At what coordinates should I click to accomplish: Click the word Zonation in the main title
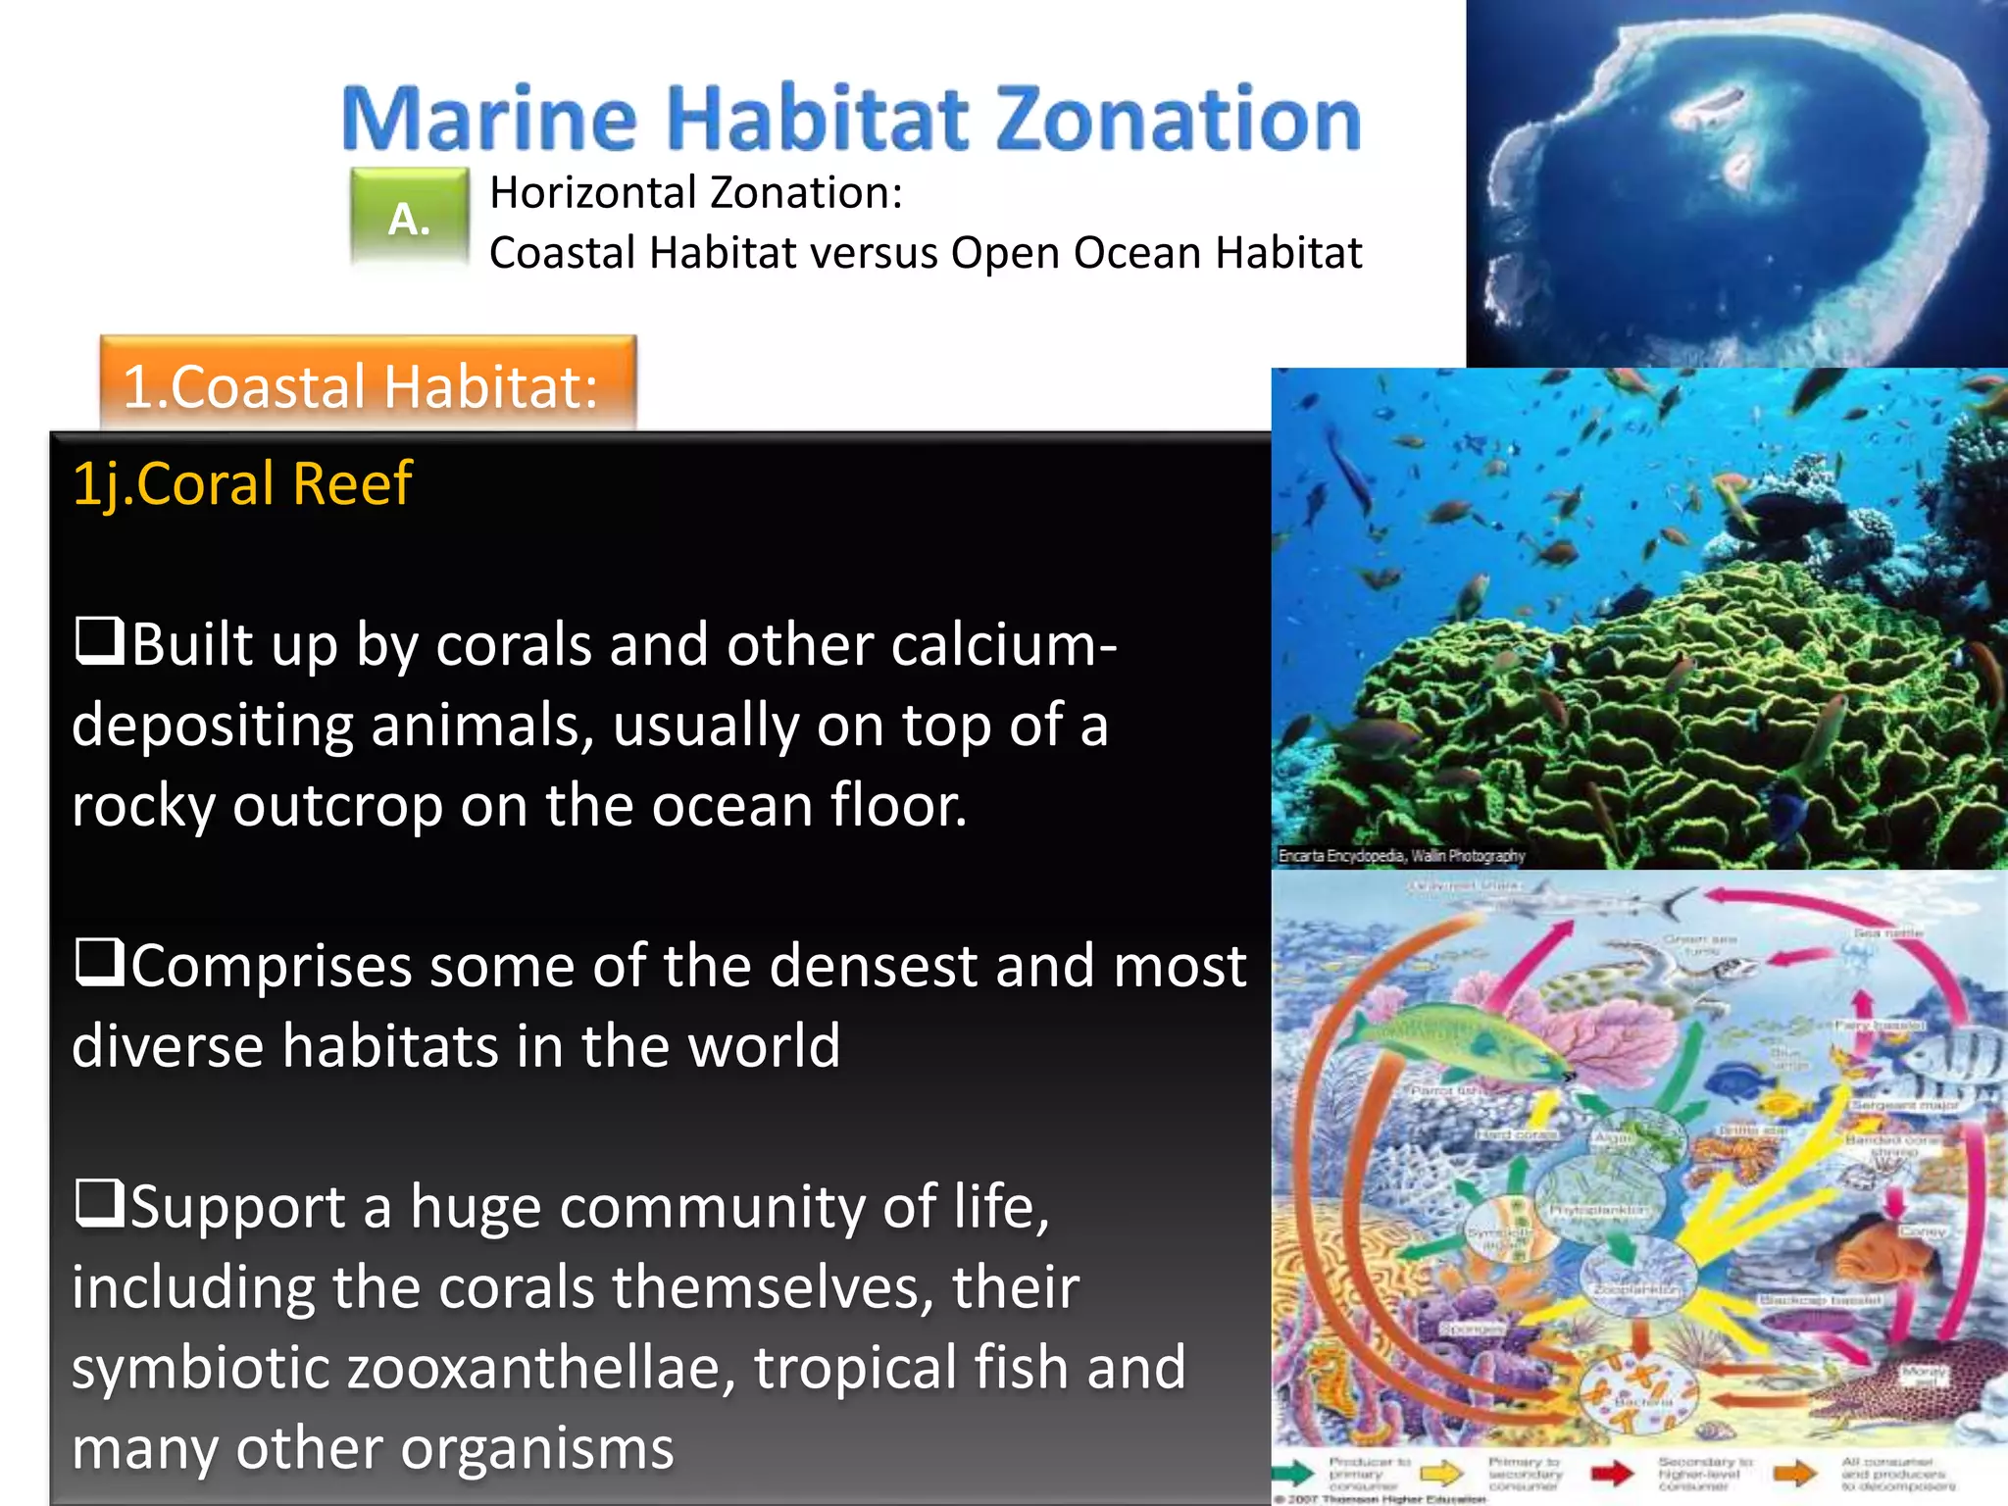1179,119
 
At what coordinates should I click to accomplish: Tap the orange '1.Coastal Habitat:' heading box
368,384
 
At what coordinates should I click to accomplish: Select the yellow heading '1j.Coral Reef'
242,483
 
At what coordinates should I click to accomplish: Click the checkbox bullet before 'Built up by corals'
99,641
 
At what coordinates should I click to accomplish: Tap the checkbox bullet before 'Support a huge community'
99,1203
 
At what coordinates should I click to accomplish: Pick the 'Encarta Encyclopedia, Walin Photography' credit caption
1401,856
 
